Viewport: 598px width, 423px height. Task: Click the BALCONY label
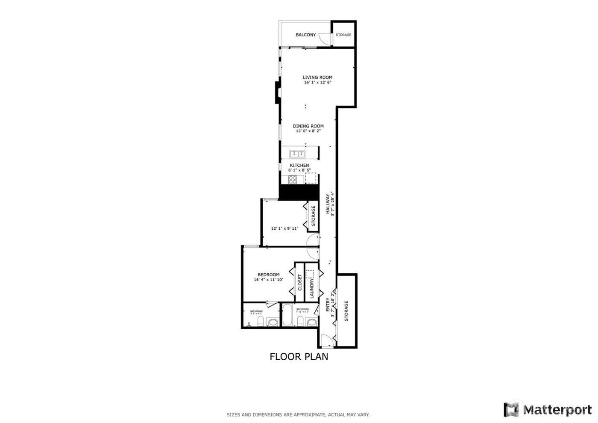coord(306,35)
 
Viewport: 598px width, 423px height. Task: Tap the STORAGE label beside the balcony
coord(343,35)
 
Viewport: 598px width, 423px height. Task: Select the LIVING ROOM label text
coord(318,77)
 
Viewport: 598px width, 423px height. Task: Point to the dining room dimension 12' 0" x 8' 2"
coord(308,131)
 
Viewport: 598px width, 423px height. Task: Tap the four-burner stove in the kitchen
coord(293,180)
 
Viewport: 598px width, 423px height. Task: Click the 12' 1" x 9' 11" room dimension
coord(284,228)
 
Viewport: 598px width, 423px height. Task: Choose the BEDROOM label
coord(268,275)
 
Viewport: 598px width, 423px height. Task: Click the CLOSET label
coord(300,283)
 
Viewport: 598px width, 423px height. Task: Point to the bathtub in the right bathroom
coord(288,315)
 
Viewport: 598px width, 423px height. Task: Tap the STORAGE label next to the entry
coord(346,311)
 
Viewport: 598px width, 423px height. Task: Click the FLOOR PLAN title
coord(299,356)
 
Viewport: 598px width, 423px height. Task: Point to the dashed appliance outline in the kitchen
coord(311,177)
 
